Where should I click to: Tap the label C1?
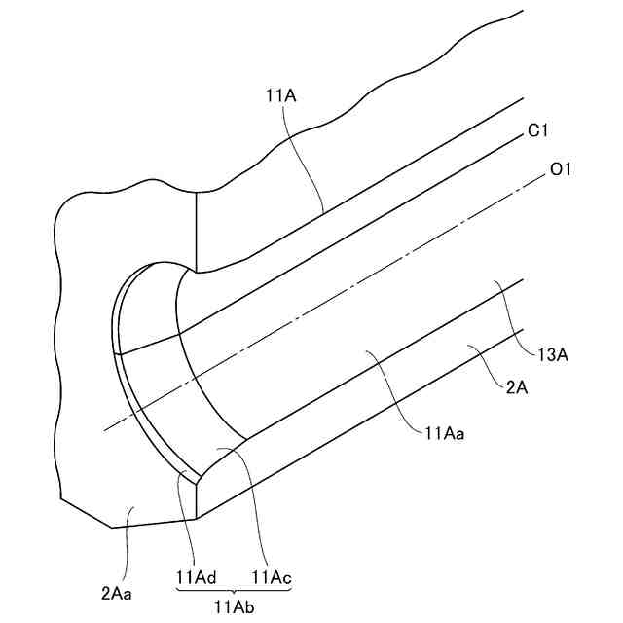pyautogui.click(x=540, y=130)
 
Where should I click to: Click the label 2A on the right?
pyautogui.click(x=517, y=387)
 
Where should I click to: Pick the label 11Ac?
pyautogui.click(x=272, y=576)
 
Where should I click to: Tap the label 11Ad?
pyautogui.click(x=196, y=576)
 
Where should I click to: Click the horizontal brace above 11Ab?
pyautogui.click(x=234, y=590)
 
